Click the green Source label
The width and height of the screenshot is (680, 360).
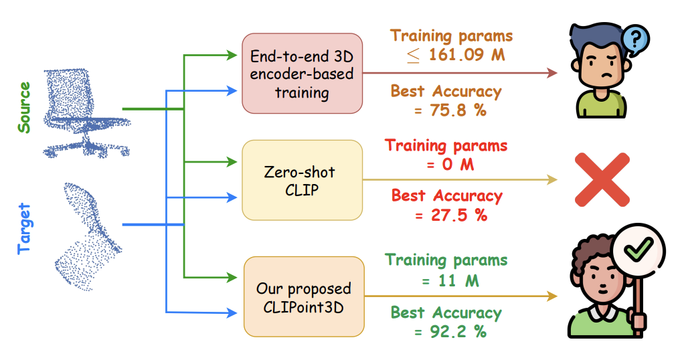click(24, 108)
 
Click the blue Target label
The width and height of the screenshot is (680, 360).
click(24, 230)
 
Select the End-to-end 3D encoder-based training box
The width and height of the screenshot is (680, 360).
click(302, 74)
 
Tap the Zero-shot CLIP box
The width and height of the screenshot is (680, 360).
click(302, 179)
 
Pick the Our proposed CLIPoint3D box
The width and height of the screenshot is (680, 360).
click(303, 297)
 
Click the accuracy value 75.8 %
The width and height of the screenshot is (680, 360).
click(450, 110)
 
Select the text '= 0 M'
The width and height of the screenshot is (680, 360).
click(446, 164)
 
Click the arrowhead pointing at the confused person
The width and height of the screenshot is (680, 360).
click(552, 73)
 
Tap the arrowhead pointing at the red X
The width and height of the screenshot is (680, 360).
click(552, 179)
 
